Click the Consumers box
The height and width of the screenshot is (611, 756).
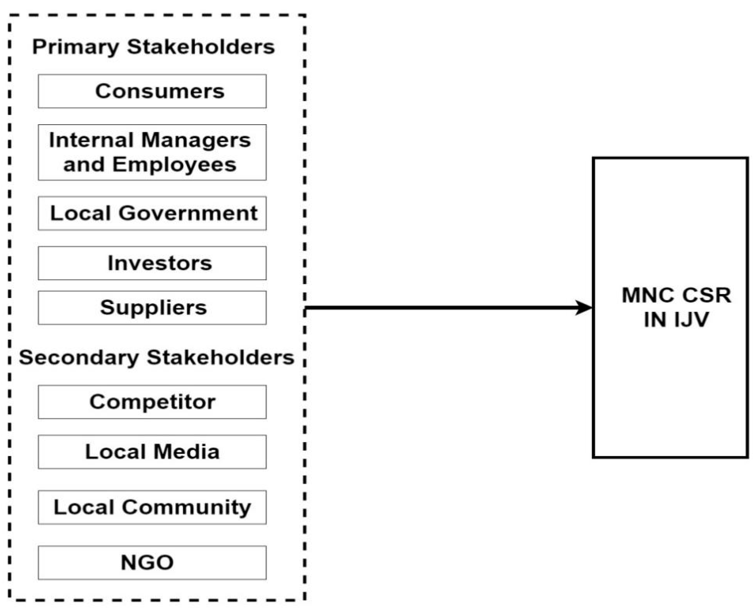[x=152, y=91]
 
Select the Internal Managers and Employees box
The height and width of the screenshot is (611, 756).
[x=152, y=152]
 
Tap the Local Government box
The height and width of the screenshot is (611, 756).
[x=152, y=213]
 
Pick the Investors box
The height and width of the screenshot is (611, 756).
[x=152, y=263]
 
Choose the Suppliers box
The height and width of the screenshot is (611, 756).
[x=152, y=308]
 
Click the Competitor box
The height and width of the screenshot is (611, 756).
[x=152, y=402]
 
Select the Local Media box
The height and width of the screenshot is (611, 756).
[x=152, y=452]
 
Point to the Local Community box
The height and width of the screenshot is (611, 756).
[x=152, y=508]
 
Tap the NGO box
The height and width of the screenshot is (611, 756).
[x=152, y=563]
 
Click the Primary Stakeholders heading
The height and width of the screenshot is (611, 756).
[x=154, y=47]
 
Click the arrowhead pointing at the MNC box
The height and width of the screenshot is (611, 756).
[x=584, y=308]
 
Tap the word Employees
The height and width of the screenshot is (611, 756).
[x=174, y=165]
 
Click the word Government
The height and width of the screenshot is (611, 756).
[x=188, y=213]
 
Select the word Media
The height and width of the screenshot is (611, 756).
[x=186, y=452]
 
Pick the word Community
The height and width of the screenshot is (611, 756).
[x=186, y=508]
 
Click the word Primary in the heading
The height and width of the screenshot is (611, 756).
[x=75, y=47]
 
